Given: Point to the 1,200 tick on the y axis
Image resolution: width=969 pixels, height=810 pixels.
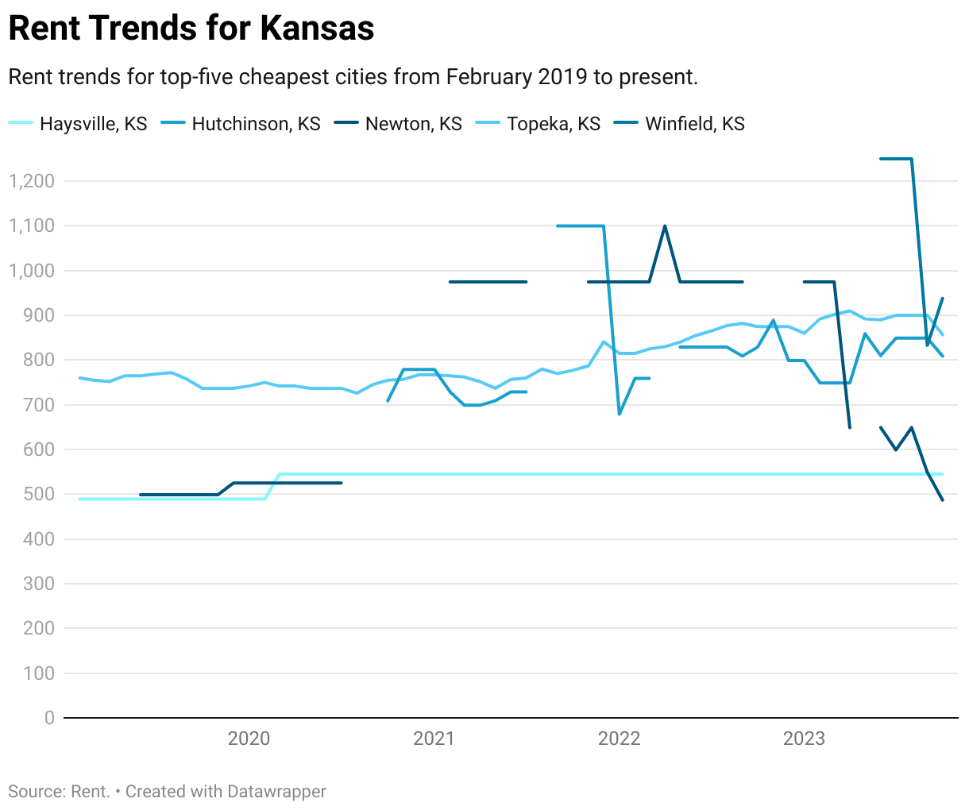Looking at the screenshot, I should pos(32,181).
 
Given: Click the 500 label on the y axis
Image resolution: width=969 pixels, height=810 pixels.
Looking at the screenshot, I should pos(41,494).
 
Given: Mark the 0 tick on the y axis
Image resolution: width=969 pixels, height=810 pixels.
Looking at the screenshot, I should pos(49,718).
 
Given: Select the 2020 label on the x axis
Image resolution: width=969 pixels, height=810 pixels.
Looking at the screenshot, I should pos(249,739).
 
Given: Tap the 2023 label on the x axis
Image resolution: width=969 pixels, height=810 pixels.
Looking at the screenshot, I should pos(804,739).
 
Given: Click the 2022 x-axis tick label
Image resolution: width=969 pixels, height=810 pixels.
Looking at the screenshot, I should pos(619,739).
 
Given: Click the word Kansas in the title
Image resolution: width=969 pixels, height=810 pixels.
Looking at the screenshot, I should pos(318,29).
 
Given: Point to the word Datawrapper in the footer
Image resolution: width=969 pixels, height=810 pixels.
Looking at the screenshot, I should pos(276,792).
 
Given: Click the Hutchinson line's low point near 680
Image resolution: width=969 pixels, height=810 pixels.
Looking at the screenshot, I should pos(620,414).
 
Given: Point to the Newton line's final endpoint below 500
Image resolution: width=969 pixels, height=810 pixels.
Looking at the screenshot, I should pos(943,500).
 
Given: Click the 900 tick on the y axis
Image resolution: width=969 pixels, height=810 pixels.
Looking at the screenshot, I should pos(41,315).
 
